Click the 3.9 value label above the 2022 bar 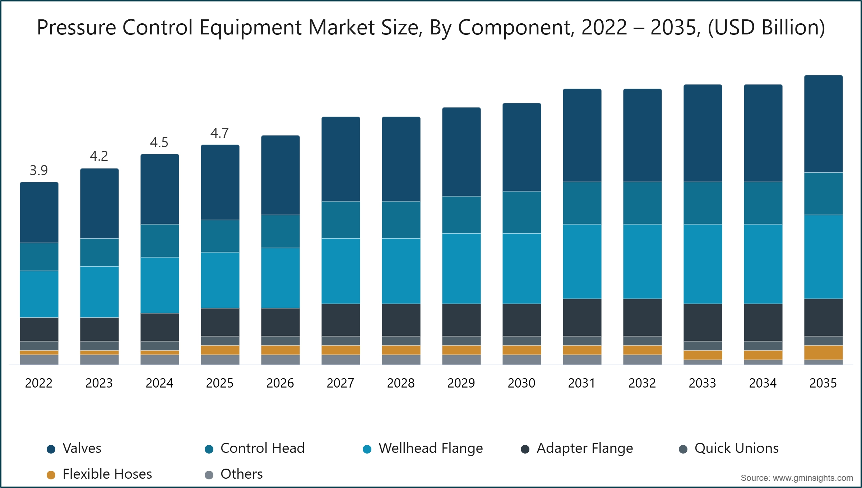(x=39, y=170)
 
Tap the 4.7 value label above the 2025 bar (x=219, y=133)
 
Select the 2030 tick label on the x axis (x=521, y=383)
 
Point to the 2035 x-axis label (x=823, y=383)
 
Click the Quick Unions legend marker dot (x=683, y=449)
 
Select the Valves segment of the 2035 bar (x=823, y=124)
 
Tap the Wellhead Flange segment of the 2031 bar (x=582, y=261)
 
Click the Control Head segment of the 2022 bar (x=39, y=257)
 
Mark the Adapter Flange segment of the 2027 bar (x=340, y=320)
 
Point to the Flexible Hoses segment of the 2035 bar (x=823, y=352)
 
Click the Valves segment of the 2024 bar (x=159, y=189)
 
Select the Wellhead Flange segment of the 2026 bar (x=280, y=278)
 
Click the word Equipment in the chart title (x=250, y=27)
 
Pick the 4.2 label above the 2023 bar (x=99, y=156)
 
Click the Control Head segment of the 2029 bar (x=461, y=215)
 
